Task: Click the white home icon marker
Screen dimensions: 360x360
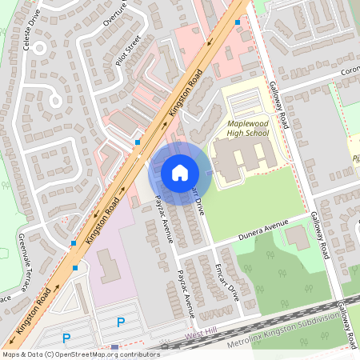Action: click(180, 171)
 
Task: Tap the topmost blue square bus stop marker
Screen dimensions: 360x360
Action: click(238, 22)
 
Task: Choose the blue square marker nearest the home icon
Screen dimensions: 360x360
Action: click(138, 142)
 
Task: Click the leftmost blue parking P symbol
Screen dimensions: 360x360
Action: click(67, 338)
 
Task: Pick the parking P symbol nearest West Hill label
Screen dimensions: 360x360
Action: click(121, 322)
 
